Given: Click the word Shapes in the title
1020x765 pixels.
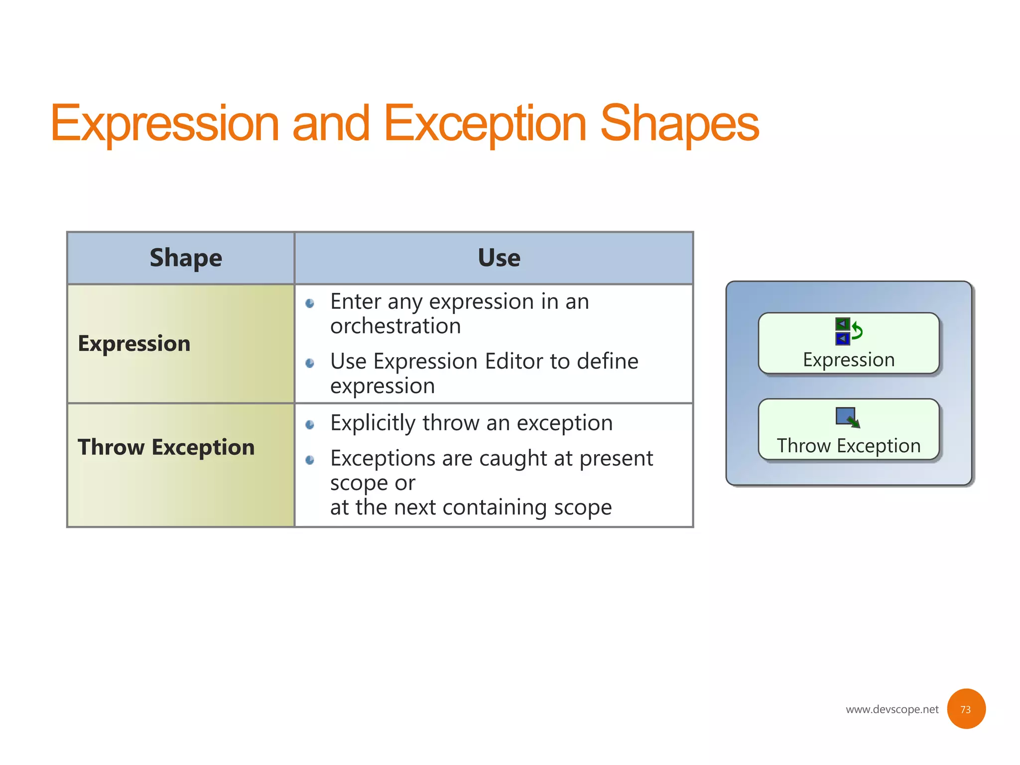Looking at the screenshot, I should pyautogui.click(x=679, y=124).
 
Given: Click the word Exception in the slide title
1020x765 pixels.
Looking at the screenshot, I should pyautogui.click(x=485, y=124).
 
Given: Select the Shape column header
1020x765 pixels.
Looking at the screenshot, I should pyautogui.click(x=186, y=258).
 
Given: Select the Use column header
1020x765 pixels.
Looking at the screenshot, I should pyautogui.click(x=499, y=258).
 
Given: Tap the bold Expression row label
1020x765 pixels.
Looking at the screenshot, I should pyautogui.click(x=134, y=344).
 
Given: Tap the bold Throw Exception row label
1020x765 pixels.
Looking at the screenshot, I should pyautogui.click(x=166, y=447).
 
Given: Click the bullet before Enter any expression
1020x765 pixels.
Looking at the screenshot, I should pyautogui.click(x=310, y=303).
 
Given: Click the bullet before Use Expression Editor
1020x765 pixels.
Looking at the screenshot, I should pyautogui.click(x=310, y=363).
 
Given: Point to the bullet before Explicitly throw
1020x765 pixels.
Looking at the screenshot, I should pyautogui.click(x=310, y=424).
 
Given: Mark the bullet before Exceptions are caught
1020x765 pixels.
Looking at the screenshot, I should pyautogui.click(x=310, y=460).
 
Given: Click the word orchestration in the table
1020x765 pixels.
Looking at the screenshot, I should pyautogui.click(x=395, y=326).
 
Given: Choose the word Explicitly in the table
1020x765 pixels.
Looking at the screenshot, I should pyautogui.click(x=373, y=423).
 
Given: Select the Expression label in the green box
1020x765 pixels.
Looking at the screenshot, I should pyautogui.click(x=849, y=360).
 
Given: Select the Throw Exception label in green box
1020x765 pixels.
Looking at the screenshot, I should pyautogui.click(x=849, y=446).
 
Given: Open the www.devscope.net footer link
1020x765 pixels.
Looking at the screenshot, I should pyautogui.click(x=892, y=709).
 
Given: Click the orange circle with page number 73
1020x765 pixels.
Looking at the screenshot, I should pyautogui.click(x=966, y=709).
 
